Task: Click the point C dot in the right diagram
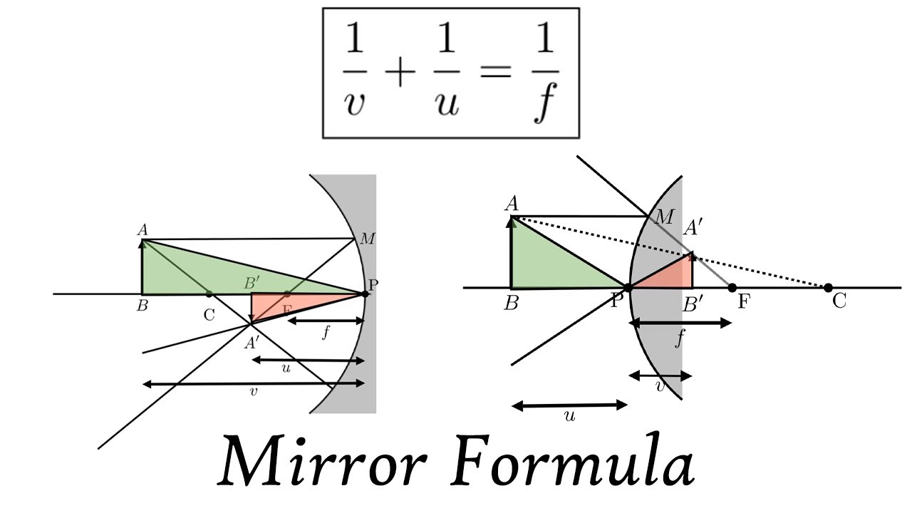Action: [828, 288]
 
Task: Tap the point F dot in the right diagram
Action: [732, 288]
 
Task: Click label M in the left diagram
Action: [368, 239]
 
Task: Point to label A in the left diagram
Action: [142, 229]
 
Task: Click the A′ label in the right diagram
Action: [693, 229]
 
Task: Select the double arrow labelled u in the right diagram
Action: [569, 405]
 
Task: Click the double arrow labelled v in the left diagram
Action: [254, 384]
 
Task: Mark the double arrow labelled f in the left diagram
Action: [326, 321]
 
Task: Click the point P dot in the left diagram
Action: [365, 293]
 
